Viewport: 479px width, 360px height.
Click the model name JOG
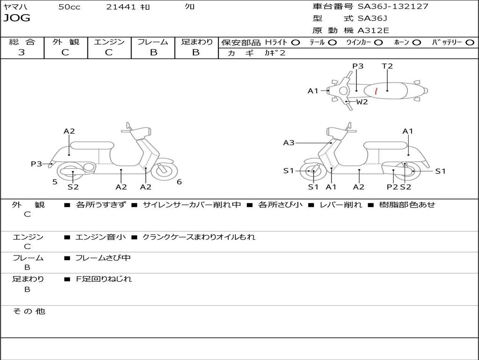[17, 18]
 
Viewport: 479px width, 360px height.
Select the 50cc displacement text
[69, 7]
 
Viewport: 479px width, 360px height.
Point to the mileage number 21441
[121, 7]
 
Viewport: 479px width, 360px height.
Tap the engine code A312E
[373, 30]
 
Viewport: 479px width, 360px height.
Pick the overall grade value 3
[22, 52]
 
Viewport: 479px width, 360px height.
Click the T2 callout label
[387, 66]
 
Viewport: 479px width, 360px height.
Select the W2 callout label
[362, 102]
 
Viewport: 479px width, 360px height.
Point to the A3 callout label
[289, 142]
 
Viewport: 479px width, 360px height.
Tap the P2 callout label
[392, 187]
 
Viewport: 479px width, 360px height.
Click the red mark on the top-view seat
[377, 90]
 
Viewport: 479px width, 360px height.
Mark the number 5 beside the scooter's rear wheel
[55, 182]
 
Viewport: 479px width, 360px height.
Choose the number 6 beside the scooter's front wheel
[179, 182]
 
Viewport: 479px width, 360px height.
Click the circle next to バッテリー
[470, 42]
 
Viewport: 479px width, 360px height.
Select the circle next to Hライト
[296, 42]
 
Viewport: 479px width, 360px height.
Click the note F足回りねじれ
[104, 279]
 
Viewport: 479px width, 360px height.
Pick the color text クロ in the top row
[190, 7]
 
